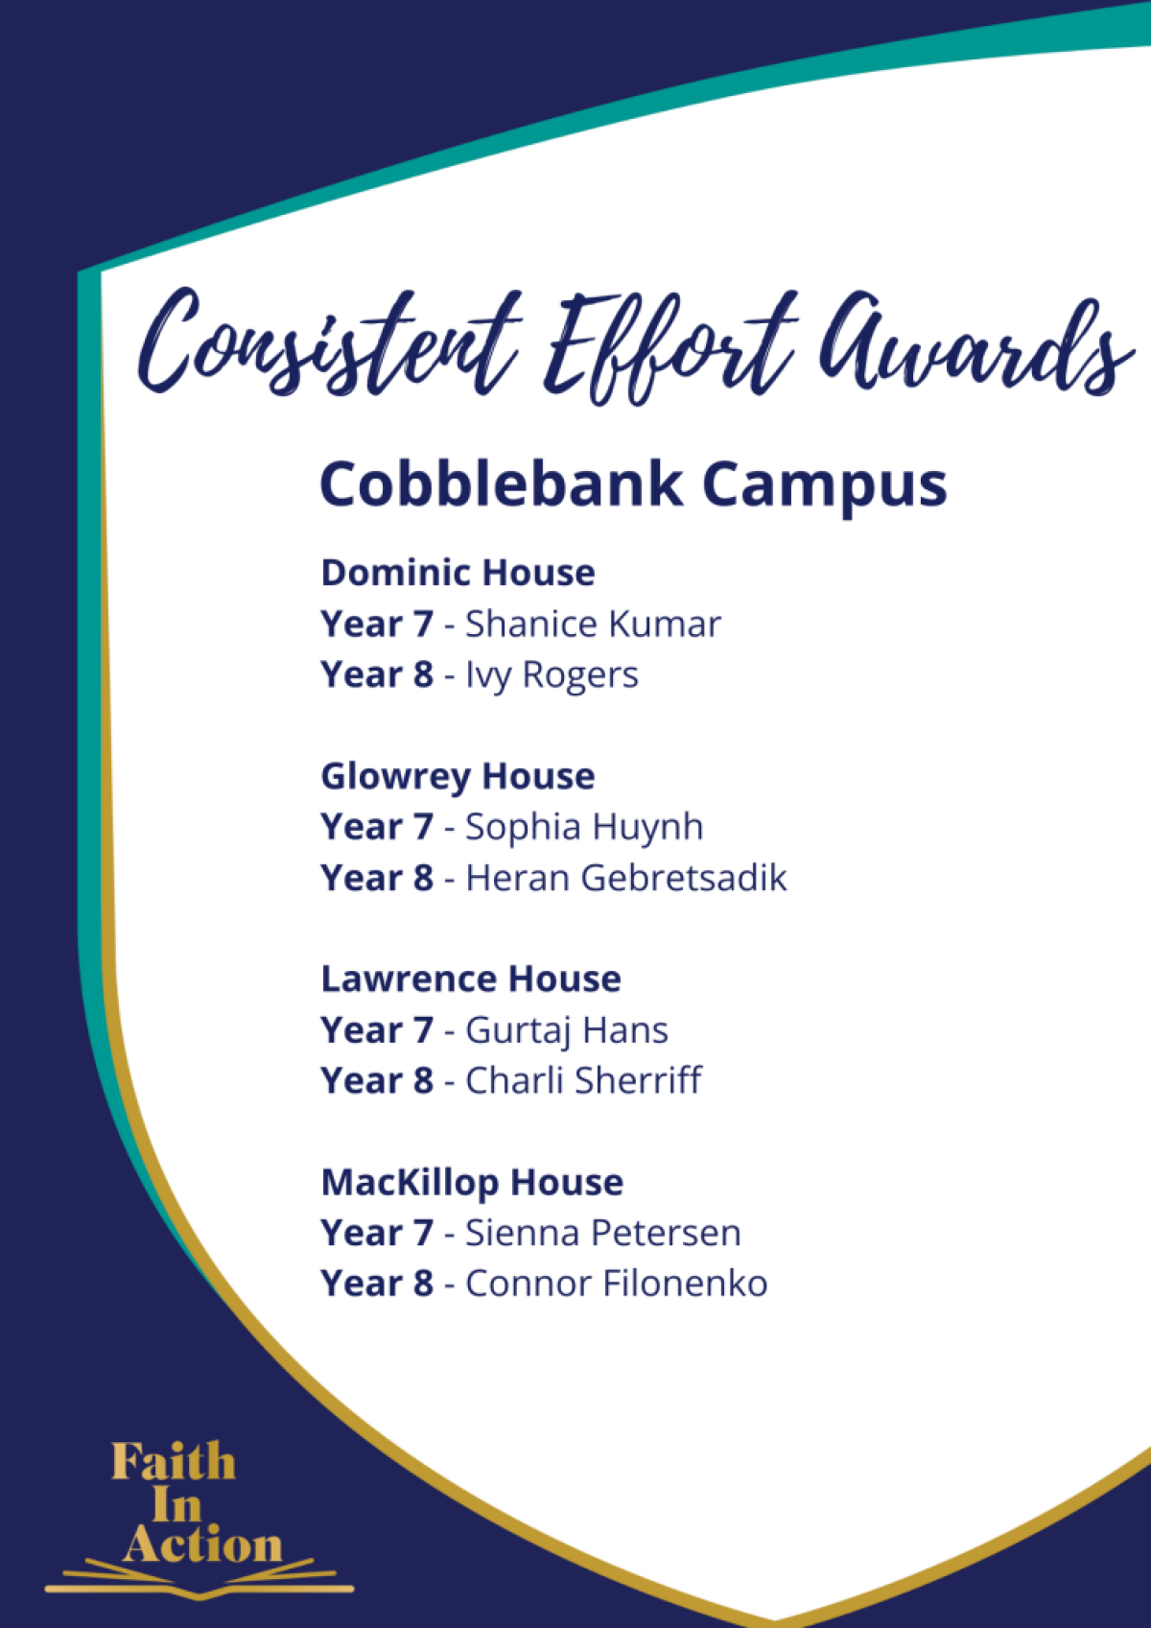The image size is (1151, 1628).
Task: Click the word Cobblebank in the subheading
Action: coord(502,484)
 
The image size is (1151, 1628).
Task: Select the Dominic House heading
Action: coord(458,573)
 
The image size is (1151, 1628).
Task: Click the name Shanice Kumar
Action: coord(593,624)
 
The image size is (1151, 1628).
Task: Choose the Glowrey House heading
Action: coord(458,776)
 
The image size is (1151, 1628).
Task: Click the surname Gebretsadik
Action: coord(683,878)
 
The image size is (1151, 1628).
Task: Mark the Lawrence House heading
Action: coord(471,979)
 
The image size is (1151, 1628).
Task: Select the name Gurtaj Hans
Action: coord(567,1031)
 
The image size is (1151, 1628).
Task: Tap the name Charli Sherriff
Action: coord(583,1080)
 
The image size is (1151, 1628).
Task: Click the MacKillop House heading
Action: coord(472,1183)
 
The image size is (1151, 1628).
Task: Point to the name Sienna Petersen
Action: coord(603,1233)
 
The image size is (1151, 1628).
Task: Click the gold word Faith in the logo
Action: coord(174,1461)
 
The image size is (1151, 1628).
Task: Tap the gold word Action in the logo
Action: coord(202,1545)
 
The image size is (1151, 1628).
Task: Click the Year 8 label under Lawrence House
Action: coord(377,1080)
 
